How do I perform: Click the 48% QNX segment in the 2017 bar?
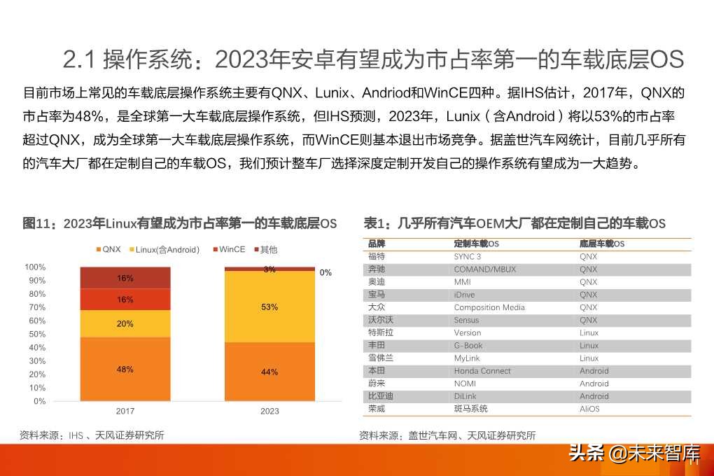(125, 369)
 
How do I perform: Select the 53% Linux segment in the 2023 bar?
(269, 307)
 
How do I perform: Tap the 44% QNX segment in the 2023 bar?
(269, 372)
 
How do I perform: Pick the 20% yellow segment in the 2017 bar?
(125, 323)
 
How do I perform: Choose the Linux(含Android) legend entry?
(164, 249)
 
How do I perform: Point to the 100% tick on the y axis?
(35, 267)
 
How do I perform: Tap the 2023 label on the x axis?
(269, 412)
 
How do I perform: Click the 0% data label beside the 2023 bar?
(325, 272)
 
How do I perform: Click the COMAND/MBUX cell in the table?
(484, 269)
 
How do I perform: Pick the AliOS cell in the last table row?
(589, 409)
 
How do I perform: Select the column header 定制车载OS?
(476, 244)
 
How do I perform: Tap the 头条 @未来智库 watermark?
(633, 453)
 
